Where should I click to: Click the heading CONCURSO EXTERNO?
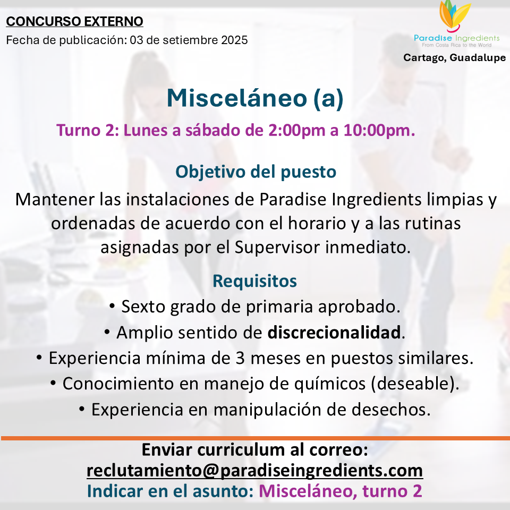tap(75, 22)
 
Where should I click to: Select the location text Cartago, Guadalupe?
tap(454, 57)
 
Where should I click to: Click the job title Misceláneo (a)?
tap(255, 98)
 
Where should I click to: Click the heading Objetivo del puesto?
tap(256, 172)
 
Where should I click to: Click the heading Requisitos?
tap(254, 280)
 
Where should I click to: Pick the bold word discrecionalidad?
tap(334, 333)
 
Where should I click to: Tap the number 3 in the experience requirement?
tap(241, 358)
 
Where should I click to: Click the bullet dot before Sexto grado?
tap(113, 307)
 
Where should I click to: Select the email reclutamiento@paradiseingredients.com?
tap(254, 470)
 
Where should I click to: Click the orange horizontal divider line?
tap(255, 438)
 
